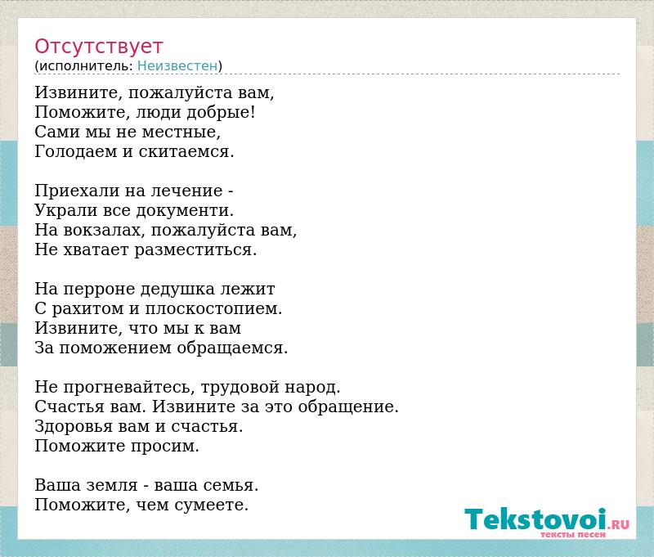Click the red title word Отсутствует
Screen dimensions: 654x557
98,47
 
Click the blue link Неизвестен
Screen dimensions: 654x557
177,65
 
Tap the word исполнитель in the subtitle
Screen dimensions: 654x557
86,66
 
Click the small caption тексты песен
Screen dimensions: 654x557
573,534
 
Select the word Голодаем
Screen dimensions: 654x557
76,151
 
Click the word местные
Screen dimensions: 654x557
181,132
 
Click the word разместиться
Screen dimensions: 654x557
195,249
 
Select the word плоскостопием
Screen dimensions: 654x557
213,308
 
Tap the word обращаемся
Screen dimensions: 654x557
232,348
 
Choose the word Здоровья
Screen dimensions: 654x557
74,427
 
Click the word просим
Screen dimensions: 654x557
165,447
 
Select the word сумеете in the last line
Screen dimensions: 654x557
212,505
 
